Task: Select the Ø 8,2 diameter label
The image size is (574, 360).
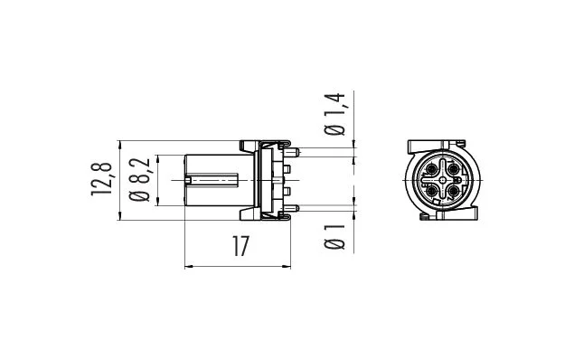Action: [x=140, y=180]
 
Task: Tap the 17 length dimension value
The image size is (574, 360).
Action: [x=240, y=246]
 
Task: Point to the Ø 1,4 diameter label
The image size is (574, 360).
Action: [x=335, y=115]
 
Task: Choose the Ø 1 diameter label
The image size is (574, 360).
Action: [x=335, y=237]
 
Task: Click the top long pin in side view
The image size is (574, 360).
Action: [x=294, y=151]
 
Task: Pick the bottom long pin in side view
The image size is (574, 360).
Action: [x=293, y=208]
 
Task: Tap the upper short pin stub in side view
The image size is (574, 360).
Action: [x=287, y=169]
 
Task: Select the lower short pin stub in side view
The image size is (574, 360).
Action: [x=287, y=191]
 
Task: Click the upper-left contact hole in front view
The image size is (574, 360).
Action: [x=432, y=169]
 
